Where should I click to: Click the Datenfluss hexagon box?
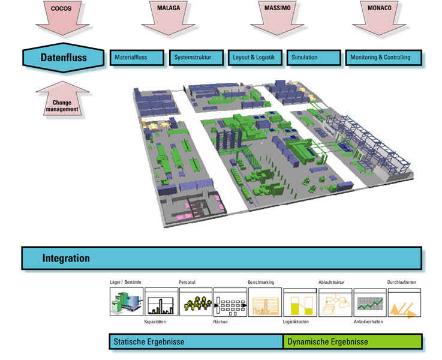(x=63, y=58)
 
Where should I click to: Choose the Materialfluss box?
(x=137, y=58)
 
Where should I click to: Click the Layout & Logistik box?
(x=254, y=58)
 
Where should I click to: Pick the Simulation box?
(x=312, y=58)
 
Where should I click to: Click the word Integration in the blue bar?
(x=66, y=259)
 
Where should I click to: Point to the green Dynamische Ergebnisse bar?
(x=353, y=342)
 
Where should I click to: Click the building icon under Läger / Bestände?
(x=126, y=302)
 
